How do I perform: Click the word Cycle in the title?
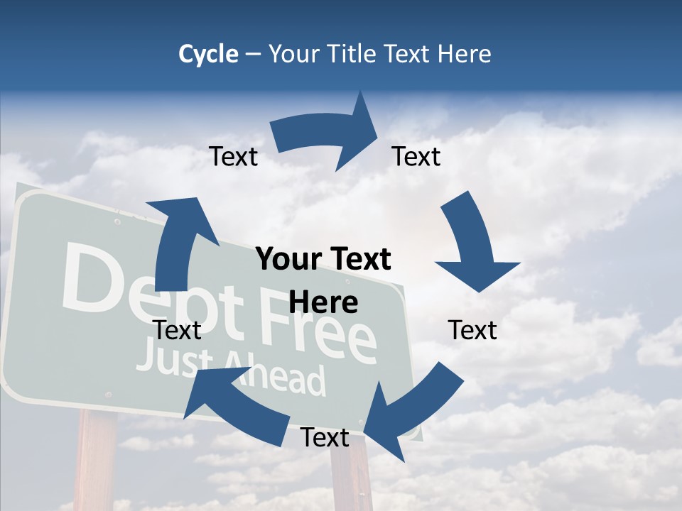point(208,54)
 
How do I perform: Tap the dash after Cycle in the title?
point(253,55)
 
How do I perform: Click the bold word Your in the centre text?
point(288,260)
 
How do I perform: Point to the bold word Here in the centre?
point(323,303)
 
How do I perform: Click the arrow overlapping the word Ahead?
point(234,405)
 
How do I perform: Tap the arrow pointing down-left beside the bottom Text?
point(405,408)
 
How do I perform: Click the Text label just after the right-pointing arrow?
point(416,156)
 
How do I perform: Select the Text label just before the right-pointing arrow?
point(234,156)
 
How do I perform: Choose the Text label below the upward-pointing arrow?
point(177,330)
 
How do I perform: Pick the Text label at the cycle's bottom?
point(325,438)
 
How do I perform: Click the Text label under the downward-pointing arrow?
point(472,330)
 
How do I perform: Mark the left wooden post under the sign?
point(96,461)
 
